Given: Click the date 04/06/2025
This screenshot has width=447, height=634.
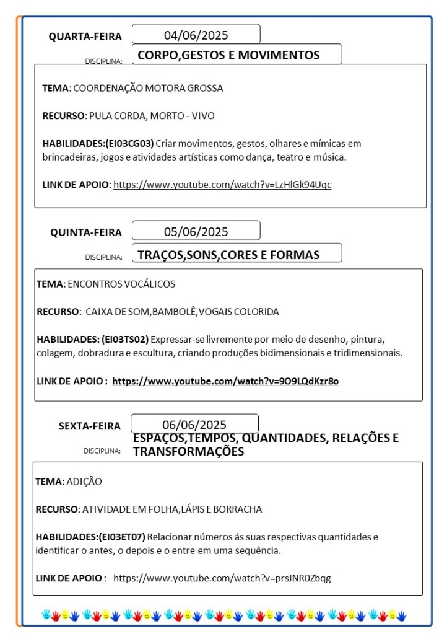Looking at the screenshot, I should [x=196, y=35].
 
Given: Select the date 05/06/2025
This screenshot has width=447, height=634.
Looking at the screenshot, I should [x=196, y=232].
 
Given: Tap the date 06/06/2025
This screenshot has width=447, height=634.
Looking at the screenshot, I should [x=194, y=425].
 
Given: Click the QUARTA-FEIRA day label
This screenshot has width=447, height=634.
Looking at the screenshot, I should [x=85, y=37].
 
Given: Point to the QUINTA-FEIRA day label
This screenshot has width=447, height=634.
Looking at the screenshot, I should [x=86, y=232].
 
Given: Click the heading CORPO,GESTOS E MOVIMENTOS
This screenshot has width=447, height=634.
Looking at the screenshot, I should [x=228, y=55].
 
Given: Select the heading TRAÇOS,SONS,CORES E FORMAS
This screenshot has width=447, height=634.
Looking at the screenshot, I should [x=228, y=255].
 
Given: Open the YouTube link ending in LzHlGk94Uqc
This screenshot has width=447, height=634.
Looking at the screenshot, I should [x=222, y=185].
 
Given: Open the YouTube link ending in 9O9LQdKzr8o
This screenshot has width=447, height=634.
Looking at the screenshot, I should [x=225, y=381].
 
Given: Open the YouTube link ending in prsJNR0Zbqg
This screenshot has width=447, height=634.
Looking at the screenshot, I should [x=222, y=578].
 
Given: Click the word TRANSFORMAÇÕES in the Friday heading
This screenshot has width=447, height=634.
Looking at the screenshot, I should [x=188, y=452].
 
